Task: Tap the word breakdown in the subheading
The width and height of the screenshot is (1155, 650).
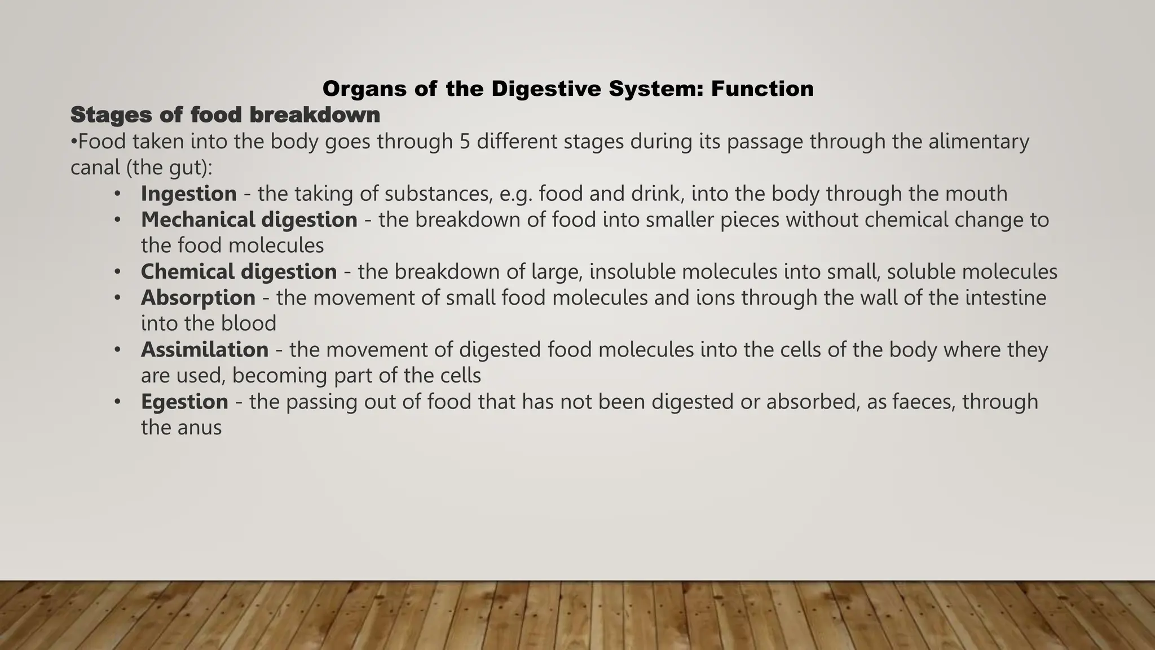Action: pos(315,115)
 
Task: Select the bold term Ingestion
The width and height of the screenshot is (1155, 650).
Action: pos(188,194)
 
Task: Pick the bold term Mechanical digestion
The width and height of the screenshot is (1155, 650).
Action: pos(249,219)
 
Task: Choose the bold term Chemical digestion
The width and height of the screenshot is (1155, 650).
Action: pos(239,271)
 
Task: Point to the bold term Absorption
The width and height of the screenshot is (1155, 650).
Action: pos(198,297)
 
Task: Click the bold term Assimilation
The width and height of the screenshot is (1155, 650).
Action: pos(204,349)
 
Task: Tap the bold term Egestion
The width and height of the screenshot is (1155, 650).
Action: pos(184,401)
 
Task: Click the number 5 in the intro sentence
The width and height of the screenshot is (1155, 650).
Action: pos(465,141)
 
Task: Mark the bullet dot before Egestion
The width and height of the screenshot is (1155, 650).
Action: pos(117,402)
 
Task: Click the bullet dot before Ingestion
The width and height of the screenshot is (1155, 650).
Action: pos(117,194)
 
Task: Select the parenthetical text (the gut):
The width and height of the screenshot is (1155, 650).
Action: pos(142,168)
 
